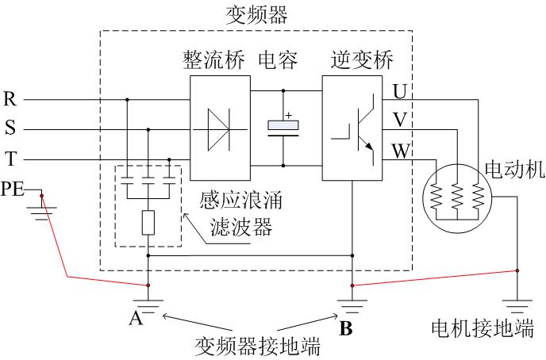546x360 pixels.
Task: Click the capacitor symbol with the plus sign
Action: click(283, 127)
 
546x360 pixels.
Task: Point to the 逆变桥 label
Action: click(357, 61)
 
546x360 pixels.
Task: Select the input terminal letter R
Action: click(10, 100)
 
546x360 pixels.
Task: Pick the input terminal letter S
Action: click(10, 128)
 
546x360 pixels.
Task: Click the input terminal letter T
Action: click(10, 158)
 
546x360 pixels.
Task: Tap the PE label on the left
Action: click(13, 189)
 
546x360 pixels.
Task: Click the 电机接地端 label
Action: click(482, 329)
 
